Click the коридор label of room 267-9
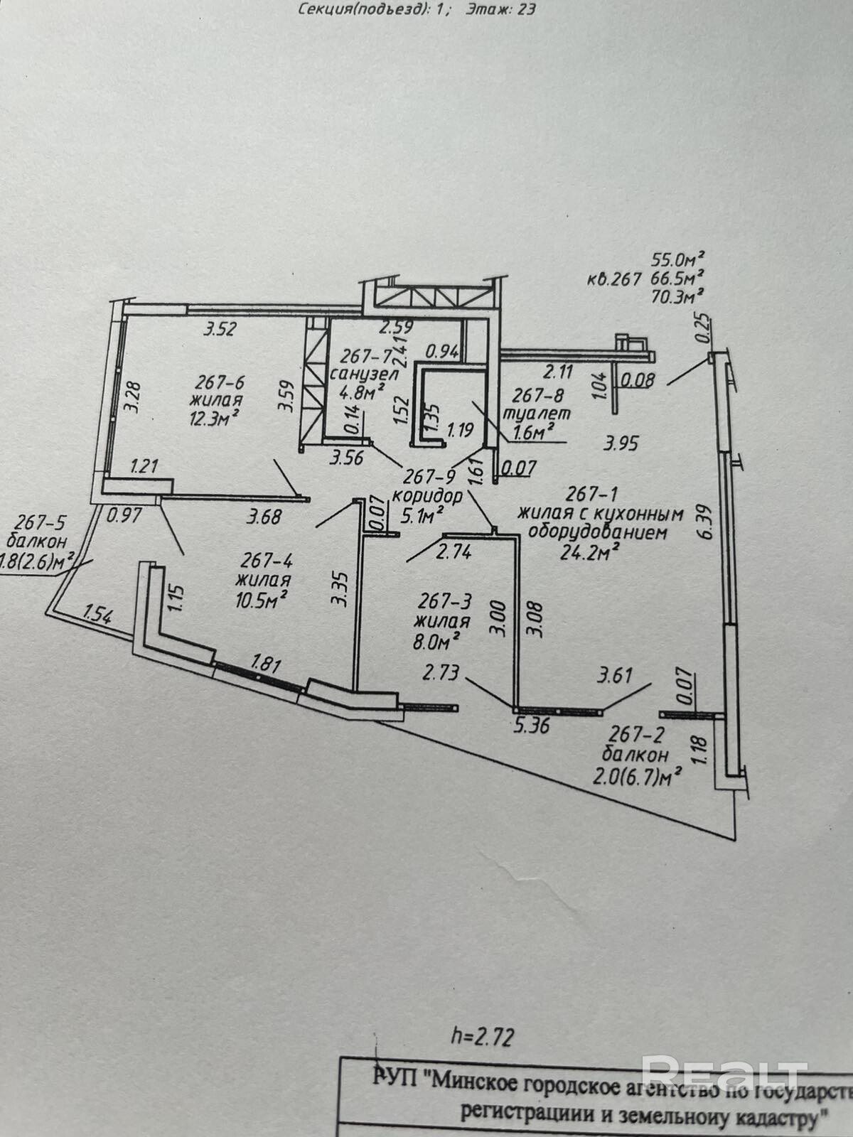[427, 495]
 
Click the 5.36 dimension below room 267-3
[531, 727]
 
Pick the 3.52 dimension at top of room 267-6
[220, 328]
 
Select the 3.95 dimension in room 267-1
[621, 444]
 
